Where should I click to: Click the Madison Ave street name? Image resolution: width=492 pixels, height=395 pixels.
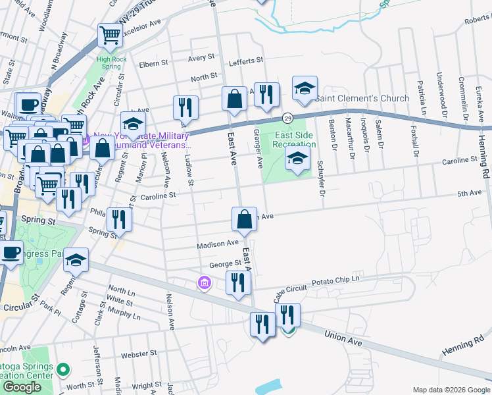218,244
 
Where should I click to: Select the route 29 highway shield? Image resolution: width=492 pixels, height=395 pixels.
287,118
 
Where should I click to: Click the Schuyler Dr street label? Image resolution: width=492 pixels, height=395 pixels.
322,179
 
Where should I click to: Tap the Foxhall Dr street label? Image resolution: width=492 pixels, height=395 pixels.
415,140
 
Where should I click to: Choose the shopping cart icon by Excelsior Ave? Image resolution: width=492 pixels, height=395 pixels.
110,35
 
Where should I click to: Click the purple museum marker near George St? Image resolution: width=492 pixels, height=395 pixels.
204,284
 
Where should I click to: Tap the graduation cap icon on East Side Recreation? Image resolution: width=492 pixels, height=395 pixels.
297,158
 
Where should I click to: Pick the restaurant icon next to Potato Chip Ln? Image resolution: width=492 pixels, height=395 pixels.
238,283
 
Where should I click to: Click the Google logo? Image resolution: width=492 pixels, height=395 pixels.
22,387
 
